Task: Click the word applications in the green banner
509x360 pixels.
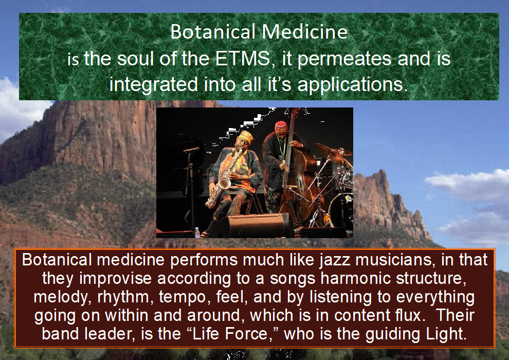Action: pyautogui.click(x=352, y=84)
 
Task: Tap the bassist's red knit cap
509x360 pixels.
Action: pyautogui.click(x=281, y=127)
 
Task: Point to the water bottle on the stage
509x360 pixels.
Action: pyautogui.click(x=197, y=232)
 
